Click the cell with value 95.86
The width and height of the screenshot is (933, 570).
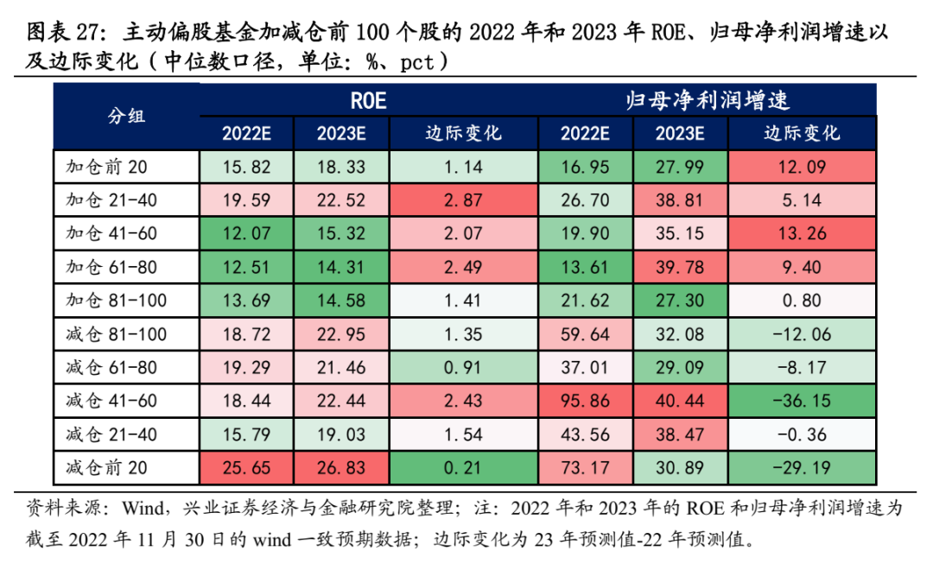(585, 401)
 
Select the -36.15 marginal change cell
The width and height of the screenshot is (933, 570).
(802, 401)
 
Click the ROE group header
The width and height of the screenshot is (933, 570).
(368, 100)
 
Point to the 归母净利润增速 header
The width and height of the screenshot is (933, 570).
(708, 100)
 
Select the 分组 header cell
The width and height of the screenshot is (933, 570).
(126, 117)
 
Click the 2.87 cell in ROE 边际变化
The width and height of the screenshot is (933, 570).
(464, 200)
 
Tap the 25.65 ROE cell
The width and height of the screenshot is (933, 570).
(246, 468)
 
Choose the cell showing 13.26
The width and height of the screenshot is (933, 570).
(802, 234)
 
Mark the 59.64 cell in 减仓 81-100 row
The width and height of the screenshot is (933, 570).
(585, 334)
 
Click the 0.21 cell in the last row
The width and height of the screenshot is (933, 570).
(464, 468)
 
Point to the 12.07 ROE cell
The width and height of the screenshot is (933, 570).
(246, 234)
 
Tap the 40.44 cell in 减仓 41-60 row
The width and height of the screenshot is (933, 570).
(680, 401)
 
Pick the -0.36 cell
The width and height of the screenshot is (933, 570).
(802, 434)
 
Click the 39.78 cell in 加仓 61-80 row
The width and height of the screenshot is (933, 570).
(680, 268)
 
